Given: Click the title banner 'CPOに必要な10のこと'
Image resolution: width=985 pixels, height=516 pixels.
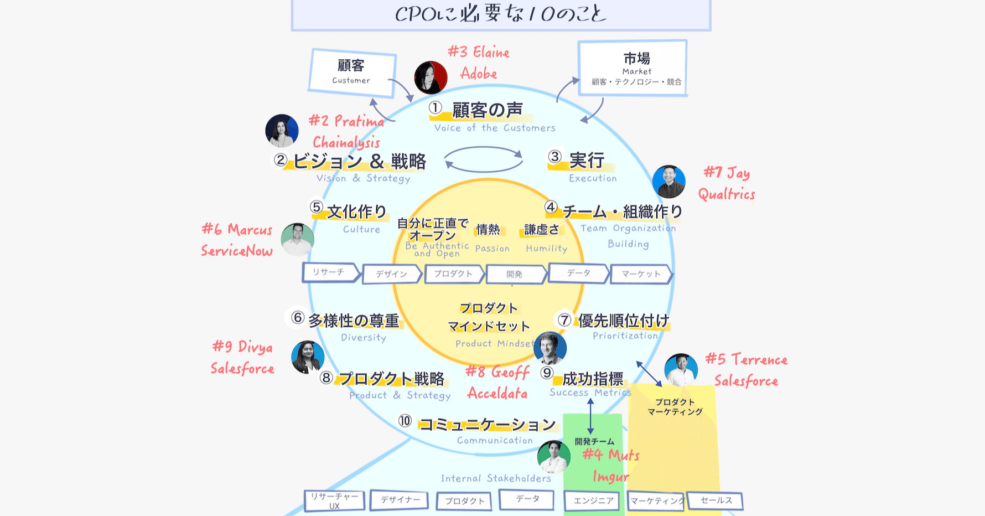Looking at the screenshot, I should [501, 14].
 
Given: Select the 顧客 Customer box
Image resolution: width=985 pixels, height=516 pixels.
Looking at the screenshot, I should [352, 73].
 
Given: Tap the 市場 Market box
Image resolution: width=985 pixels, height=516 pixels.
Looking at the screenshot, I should [633, 68].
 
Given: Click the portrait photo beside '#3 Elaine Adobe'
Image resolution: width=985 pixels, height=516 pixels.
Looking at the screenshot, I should [431, 78].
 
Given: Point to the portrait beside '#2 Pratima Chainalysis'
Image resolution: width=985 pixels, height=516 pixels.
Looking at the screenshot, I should [282, 131].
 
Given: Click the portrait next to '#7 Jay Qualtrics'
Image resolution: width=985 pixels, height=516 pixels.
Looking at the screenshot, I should [668, 182].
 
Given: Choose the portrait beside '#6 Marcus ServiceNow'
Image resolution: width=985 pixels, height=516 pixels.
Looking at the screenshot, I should [297, 239].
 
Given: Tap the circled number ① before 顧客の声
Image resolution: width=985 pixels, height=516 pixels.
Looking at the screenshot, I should [436, 108].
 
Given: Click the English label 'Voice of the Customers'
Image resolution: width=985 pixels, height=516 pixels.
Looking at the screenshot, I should [494, 128].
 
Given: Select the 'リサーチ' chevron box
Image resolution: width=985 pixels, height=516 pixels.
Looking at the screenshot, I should [330, 272].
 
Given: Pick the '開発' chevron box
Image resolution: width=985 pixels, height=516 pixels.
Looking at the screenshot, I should [515, 274].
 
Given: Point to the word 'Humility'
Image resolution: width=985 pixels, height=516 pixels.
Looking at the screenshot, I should [546, 249].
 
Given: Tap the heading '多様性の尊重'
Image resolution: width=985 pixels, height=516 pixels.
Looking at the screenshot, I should [353, 321].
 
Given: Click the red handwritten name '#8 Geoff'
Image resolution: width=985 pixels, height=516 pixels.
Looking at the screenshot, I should [497, 372].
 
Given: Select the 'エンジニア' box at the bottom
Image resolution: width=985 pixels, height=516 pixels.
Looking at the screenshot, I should [593, 500].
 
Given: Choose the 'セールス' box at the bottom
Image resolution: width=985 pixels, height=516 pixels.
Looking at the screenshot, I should [715, 500].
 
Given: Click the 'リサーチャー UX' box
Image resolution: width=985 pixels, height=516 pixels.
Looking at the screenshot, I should [334, 500].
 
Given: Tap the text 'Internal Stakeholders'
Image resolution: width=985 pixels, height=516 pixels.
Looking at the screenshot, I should [496, 478].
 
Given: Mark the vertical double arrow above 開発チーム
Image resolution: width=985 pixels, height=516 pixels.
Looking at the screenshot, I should [590, 416].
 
